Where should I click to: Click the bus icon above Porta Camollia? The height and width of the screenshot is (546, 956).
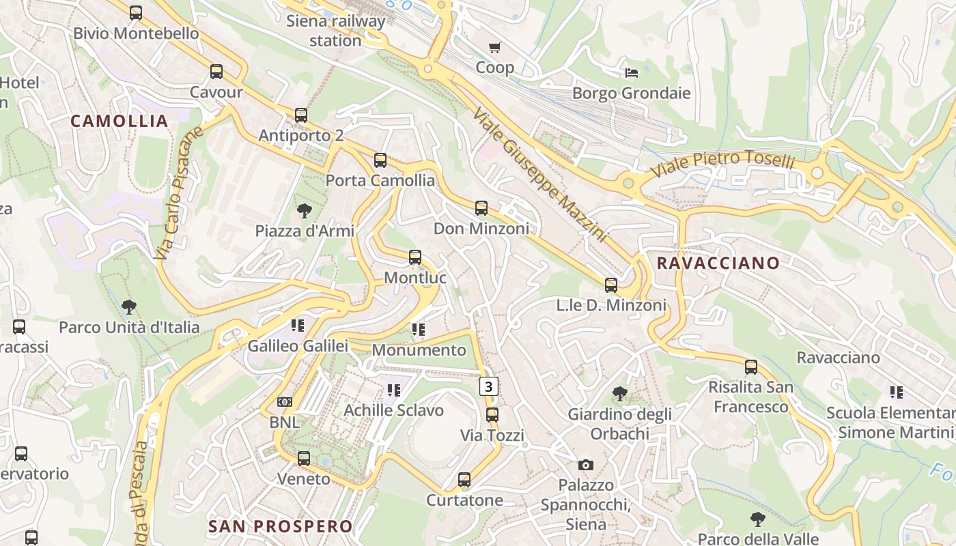pos(380,160)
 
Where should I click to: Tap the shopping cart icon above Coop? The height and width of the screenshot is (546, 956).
pos(494,47)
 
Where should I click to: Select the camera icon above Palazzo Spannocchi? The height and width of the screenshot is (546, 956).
pos(585,465)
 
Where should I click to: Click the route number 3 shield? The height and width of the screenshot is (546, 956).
pos(488,386)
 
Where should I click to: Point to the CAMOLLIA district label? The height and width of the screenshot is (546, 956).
pos(119,121)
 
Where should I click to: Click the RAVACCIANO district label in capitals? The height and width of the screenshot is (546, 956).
pos(718,263)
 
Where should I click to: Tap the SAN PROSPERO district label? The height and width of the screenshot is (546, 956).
pos(280,526)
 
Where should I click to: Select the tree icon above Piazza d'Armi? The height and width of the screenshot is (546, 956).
pos(305,210)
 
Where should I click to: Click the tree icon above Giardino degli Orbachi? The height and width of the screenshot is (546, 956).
pos(620,393)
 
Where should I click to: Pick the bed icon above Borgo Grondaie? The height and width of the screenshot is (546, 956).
pos(632,72)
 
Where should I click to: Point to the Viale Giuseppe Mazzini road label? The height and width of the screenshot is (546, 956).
pos(539,175)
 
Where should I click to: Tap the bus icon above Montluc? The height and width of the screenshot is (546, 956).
pos(415,257)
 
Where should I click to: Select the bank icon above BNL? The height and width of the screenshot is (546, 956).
pos(284,402)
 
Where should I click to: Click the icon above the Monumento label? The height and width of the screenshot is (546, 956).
pos(419,330)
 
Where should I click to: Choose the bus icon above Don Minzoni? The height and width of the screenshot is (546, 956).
pos(481,207)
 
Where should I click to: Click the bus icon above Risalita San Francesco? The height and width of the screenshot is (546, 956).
pos(751,367)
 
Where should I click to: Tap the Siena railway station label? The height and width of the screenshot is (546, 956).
pos(335,31)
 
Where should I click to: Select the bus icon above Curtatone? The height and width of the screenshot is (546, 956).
pos(464,480)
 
